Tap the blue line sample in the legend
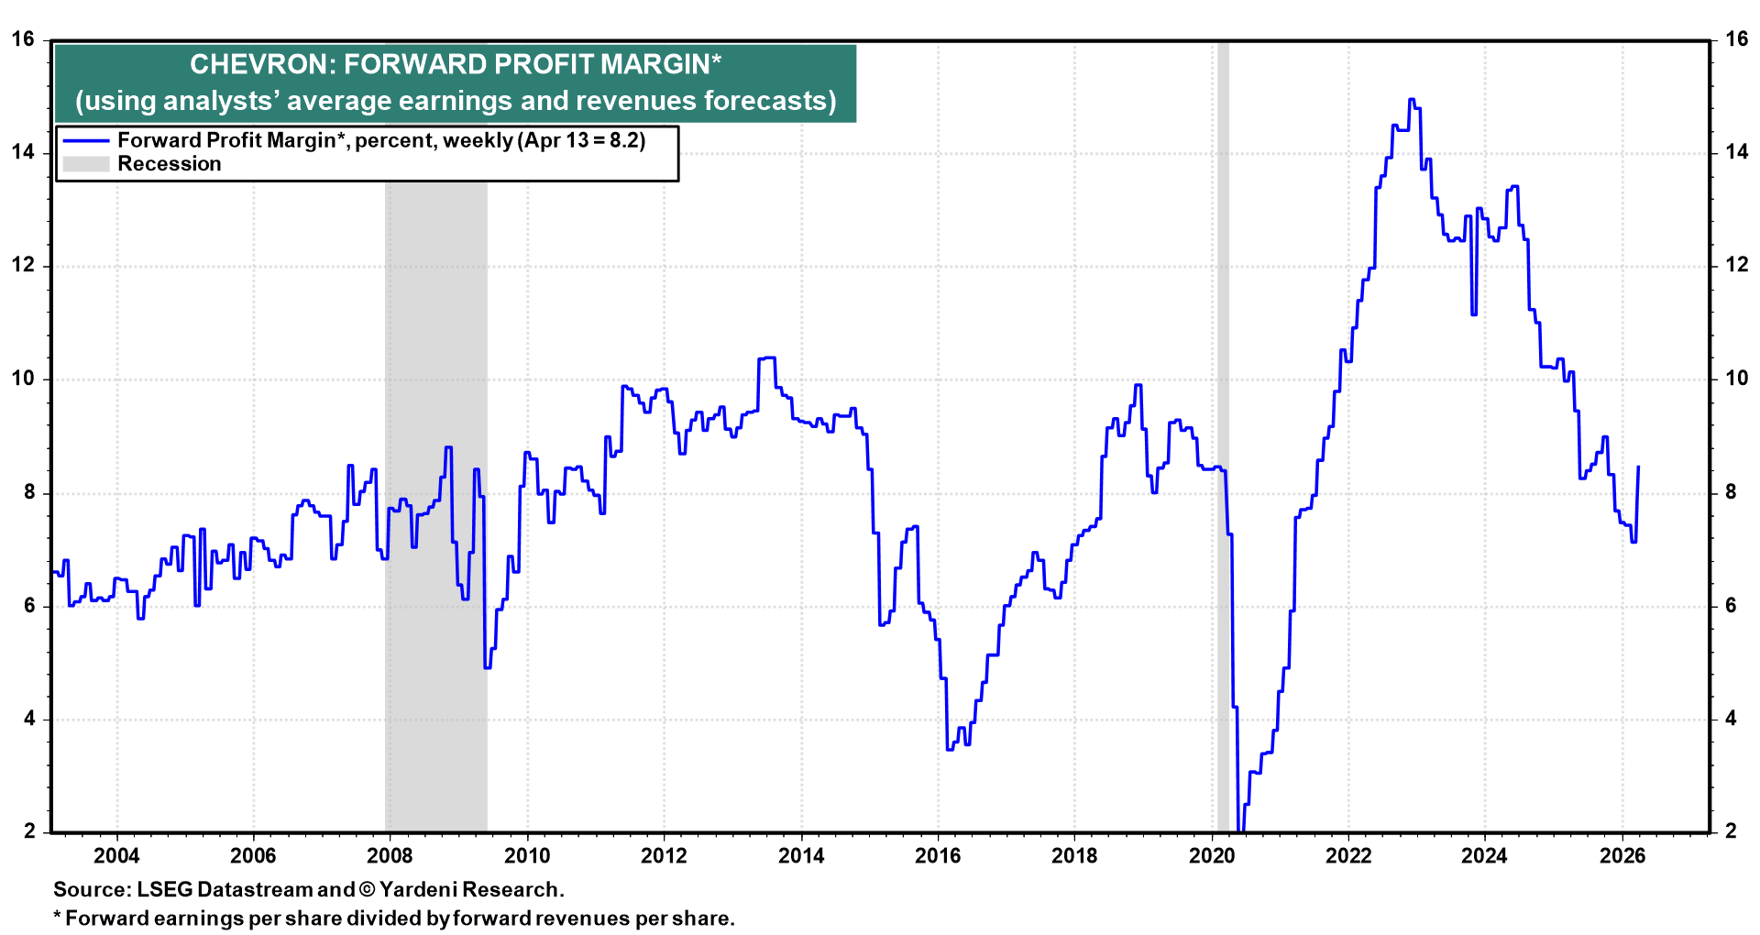click(86, 140)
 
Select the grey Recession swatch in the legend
click(86, 164)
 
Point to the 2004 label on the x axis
click(116, 856)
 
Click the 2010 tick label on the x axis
click(527, 856)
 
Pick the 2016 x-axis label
click(938, 856)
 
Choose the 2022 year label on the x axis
click(1348, 856)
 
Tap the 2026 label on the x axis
click(1622, 856)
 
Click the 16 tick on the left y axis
click(23, 38)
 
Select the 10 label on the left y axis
click(23, 379)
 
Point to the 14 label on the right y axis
click(1736, 152)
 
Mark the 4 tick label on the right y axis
click(1731, 719)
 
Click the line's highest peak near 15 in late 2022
click(1412, 100)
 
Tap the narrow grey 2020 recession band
click(1223, 458)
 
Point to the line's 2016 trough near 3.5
click(950, 749)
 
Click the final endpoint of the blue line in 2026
click(1638, 467)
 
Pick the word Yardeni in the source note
click(419, 889)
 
